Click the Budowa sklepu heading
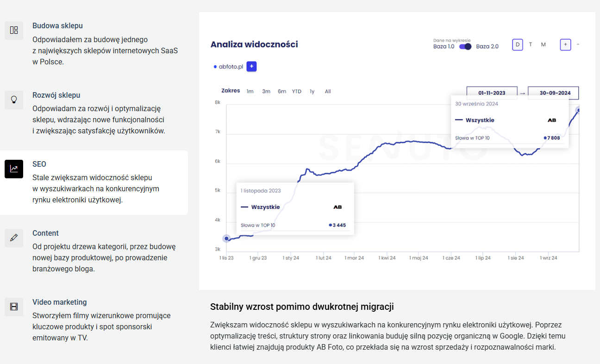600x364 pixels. [57, 26]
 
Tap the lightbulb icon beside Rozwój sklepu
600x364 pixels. [14, 100]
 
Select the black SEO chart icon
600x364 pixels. [14, 169]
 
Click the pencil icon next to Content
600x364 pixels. [14, 238]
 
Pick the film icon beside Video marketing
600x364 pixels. [14, 307]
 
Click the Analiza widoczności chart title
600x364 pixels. [254, 44]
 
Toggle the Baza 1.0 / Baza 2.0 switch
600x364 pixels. [465, 47]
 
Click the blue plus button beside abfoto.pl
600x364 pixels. [251, 66]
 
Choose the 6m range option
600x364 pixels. [282, 91]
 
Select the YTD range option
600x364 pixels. [296, 91]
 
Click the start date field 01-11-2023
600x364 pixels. [492, 93]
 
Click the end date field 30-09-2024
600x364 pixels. [553, 93]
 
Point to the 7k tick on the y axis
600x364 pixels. [218, 132]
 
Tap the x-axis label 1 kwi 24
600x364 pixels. [387, 258]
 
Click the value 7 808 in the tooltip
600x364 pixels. [554, 138]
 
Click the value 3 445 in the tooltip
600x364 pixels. [339, 225]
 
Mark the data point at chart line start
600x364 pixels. [226, 238]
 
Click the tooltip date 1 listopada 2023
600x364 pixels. [261, 191]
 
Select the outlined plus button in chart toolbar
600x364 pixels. [565, 44]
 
